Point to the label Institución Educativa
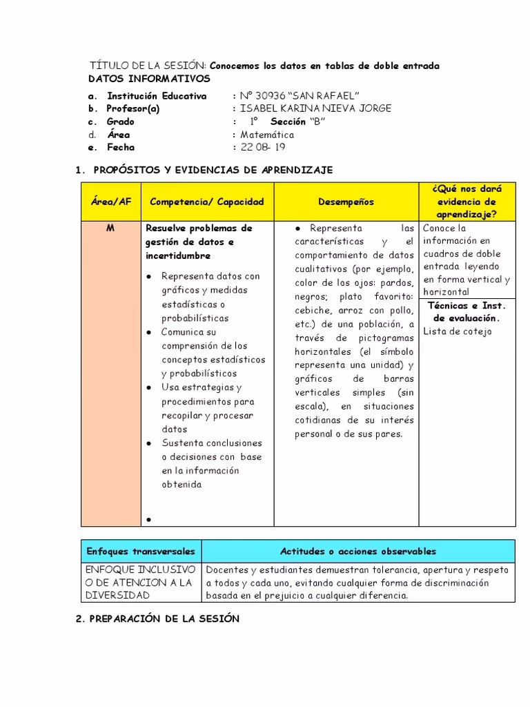tap(156, 96)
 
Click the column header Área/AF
tap(110, 202)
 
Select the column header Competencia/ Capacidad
tap(207, 202)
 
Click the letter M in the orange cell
tap(110, 228)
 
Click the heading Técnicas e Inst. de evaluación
tap(467, 311)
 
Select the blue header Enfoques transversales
tap(141, 551)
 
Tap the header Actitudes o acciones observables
tap(357, 551)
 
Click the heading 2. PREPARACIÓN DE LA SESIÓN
tap(157, 619)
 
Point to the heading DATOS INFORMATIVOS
tap(150, 79)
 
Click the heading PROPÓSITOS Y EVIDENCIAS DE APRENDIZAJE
tap(213, 169)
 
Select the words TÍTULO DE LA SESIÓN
tap(148, 66)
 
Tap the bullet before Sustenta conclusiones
tap(149, 443)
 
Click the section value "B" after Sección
tap(317, 122)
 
